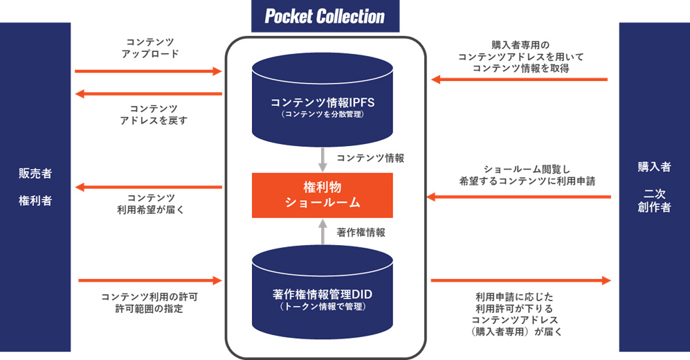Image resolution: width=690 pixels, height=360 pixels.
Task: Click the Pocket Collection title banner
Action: [x=325, y=17]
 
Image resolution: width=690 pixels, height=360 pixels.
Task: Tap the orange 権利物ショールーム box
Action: [x=322, y=195]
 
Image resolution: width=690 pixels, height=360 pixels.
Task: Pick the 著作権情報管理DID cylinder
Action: [x=322, y=292]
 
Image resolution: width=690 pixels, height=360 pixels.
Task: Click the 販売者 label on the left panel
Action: [x=35, y=173]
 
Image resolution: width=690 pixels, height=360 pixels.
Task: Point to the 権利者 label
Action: [x=35, y=201]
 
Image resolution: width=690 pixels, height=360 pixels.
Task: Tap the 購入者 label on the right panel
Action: [x=654, y=167]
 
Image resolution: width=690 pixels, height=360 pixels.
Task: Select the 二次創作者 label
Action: [x=654, y=200]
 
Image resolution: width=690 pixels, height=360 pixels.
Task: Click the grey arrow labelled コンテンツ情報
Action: [x=323, y=160]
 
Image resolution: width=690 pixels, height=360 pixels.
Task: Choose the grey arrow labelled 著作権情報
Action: [x=323, y=232]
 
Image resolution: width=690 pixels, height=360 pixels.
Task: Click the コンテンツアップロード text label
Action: [x=150, y=48]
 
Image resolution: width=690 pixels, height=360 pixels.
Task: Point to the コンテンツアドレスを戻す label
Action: [x=154, y=114]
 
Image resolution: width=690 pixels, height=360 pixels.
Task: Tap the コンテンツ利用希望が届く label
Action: [x=150, y=204]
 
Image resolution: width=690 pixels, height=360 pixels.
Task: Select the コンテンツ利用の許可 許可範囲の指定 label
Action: [x=149, y=303]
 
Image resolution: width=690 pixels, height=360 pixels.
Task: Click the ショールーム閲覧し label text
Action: [x=527, y=170]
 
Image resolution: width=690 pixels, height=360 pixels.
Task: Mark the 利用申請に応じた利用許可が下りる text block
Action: [x=514, y=303]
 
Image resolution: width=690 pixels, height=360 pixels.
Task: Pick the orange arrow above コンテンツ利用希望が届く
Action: [x=148, y=188]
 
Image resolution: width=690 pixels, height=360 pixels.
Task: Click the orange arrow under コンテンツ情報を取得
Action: [x=519, y=80]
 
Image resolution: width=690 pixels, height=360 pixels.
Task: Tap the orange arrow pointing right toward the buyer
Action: [x=521, y=280]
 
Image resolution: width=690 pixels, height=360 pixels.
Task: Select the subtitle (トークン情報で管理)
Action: [x=322, y=307]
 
